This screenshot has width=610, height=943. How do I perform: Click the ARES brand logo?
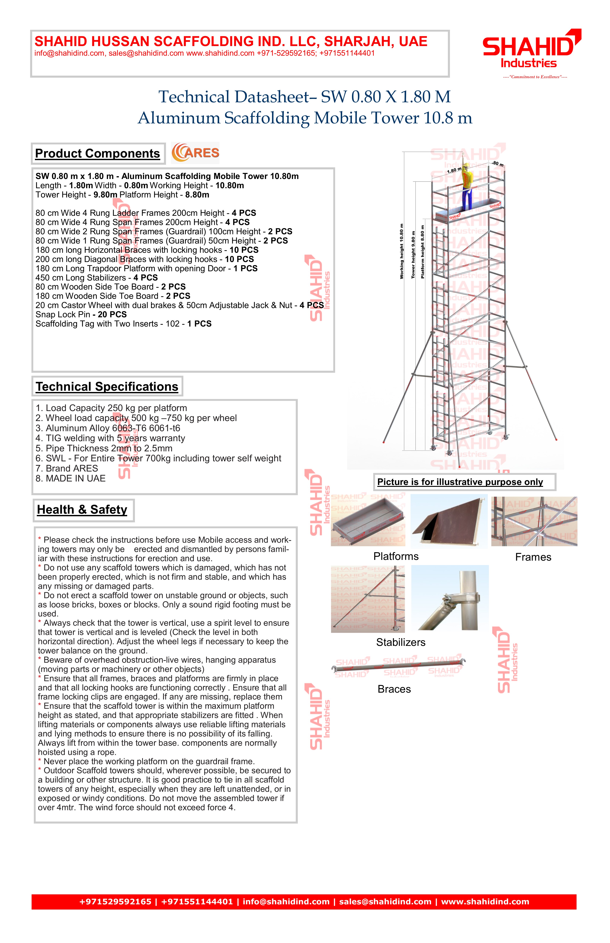coord(195,153)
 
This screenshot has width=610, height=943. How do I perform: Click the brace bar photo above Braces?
coord(399,666)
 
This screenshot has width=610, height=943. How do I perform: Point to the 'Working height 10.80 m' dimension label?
coord(402,251)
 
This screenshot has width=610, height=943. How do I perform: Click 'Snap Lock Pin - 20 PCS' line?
coord(81,315)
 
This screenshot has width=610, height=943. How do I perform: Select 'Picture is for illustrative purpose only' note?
coord(460,482)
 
